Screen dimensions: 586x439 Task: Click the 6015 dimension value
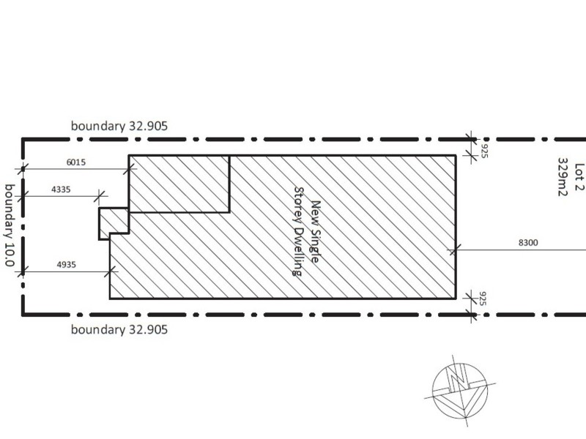(76, 162)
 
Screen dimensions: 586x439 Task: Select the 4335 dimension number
(61, 190)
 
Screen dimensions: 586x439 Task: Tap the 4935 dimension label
(66, 265)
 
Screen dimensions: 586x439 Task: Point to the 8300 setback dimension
(528, 243)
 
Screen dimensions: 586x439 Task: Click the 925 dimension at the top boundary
(484, 151)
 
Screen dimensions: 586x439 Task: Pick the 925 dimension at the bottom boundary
(483, 299)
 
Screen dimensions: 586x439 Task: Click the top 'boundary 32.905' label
(119, 126)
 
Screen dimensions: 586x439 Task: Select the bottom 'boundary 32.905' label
(119, 330)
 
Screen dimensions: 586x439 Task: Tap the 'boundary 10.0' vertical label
(10, 225)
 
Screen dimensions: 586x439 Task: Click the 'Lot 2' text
(579, 177)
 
